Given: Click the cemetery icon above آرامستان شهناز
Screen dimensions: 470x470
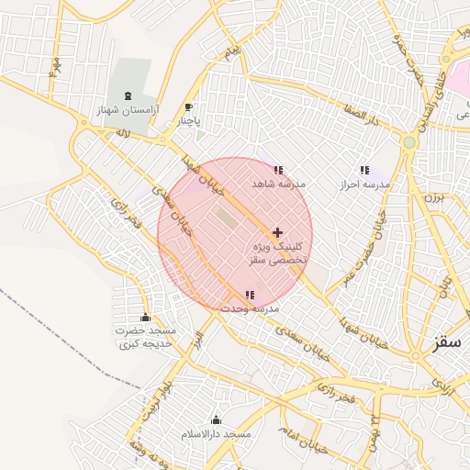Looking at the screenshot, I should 127,95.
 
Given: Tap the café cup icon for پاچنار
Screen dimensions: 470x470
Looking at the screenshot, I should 189,107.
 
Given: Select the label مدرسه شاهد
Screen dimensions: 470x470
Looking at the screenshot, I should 278,185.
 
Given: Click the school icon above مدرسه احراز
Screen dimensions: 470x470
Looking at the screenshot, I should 364,170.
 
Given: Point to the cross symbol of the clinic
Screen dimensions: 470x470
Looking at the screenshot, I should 277,233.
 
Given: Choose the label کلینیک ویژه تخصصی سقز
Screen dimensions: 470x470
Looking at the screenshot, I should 277,254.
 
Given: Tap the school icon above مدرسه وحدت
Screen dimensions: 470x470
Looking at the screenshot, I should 250,296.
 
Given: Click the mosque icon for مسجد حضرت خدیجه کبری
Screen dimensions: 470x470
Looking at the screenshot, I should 145,318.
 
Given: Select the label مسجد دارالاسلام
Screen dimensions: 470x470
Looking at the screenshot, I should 217,432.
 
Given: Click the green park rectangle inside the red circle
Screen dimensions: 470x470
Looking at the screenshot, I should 225,218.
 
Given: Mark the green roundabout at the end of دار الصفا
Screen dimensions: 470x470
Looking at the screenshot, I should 408,142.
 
